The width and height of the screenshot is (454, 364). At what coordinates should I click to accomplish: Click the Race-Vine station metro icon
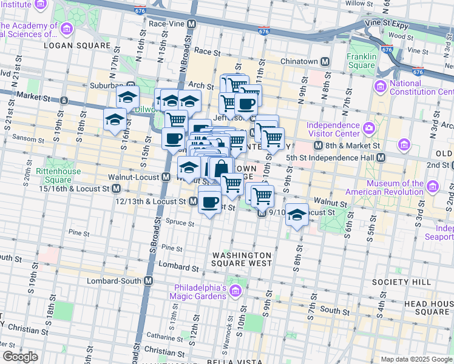pyautogui.click(x=192, y=24)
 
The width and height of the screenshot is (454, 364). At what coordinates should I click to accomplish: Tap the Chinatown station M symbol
pyautogui.click(x=325, y=62)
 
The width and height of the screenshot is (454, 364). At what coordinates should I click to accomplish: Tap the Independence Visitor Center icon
pyautogui.click(x=368, y=128)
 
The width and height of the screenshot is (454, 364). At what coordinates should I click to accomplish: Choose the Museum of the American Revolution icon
pyautogui.click(x=432, y=186)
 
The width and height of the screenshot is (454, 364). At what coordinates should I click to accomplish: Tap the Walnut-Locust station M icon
pyautogui.click(x=166, y=177)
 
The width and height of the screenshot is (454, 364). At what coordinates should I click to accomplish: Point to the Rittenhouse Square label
pyautogui.click(x=58, y=175)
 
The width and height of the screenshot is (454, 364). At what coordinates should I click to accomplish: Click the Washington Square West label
pyautogui.click(x=241, y=259)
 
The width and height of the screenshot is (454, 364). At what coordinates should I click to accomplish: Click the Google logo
pyautogui.click(x=20, y=357)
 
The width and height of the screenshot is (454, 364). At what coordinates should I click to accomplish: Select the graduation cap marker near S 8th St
pyautogui.click(x=297, y=215)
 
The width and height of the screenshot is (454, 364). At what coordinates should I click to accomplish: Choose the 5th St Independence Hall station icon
pyautogui.click(x=381, y=157)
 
